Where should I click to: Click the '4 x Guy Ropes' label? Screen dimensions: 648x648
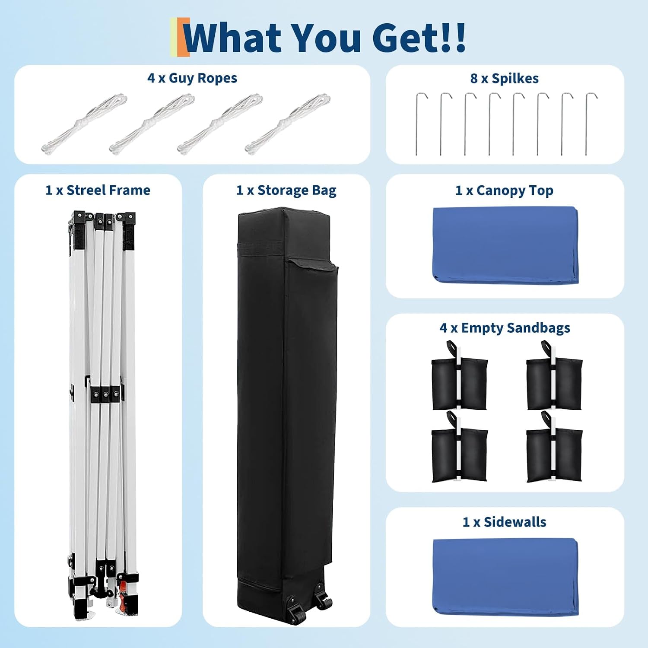click(192, 78)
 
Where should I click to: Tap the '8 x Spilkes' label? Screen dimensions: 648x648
click(505, 79)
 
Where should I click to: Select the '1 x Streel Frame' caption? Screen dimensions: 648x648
click(98, 190)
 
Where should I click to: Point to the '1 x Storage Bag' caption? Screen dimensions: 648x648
click(286, 191)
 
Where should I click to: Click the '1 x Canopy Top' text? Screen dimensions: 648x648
click(505, 191)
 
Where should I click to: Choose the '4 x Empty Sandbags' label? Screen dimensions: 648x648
click(505, 328)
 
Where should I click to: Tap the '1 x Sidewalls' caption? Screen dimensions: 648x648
click(505, 522)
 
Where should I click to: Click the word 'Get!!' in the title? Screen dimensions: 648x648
click(419, 37)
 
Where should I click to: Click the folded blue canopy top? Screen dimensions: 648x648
click(505, 245)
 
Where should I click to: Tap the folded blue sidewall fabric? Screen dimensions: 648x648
click(505, 575)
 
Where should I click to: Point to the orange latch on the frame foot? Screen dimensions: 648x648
click(124, 594)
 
